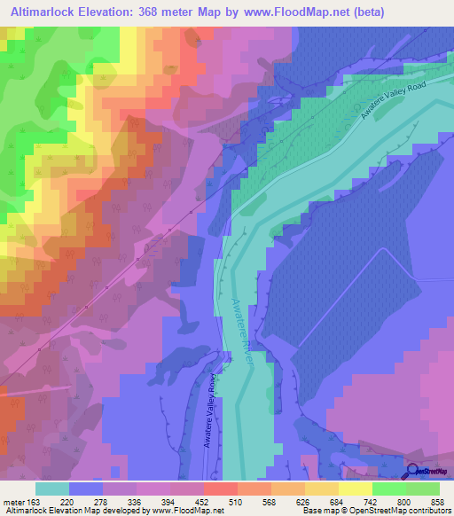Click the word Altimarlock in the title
click(x=47, y=12)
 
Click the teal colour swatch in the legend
click(x=52, y=488)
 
